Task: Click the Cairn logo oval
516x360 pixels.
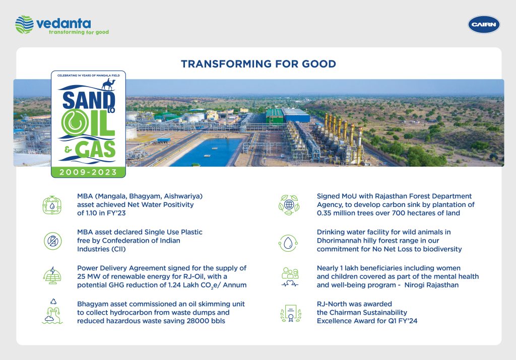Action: click(x=484, y=25)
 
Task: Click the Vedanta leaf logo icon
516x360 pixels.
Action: click(x=24, y=24)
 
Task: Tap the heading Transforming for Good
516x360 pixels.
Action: click(x=259, y=64)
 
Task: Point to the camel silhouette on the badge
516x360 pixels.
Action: click(x=108, y=85)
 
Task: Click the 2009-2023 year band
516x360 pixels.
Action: click(x=88, y=172)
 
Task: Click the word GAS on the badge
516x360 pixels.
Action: click(x=95, y=149)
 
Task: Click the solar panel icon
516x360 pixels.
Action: click(x=52, y=275)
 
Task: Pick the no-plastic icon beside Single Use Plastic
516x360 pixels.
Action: click(x=52, y=241)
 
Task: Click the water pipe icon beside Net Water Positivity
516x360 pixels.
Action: click(x=52, y=205)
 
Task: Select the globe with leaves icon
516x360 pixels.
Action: click(x=289, y=205)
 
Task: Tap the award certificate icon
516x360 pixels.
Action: click(x=291, y=313)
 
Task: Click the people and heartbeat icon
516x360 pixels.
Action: click(x=290, y=277)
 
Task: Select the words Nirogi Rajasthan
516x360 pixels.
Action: click(x=431, y=285)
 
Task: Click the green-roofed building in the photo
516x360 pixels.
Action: click(x=275, y=116)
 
